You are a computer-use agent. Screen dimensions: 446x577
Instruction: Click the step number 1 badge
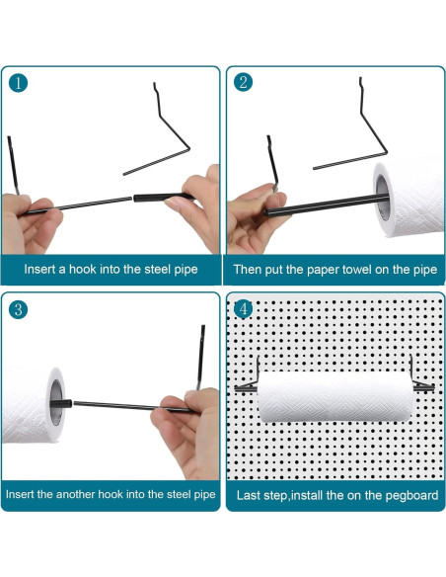click(x=18, y=84)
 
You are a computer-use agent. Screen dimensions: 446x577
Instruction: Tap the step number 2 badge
click(x=243, y=82)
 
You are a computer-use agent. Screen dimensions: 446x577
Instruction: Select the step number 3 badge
click(x=18, y=309)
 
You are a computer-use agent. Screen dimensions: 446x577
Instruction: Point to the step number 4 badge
click(x=243, y=309)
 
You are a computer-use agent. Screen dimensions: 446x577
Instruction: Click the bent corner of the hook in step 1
click(x=188, y=148)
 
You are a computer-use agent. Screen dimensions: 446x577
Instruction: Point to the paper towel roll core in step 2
click(x=382, y=198)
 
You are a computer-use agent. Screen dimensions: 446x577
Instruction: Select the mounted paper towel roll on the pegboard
click(x=334, y=397)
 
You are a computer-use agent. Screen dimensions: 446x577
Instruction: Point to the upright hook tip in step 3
click(x=203, y=327)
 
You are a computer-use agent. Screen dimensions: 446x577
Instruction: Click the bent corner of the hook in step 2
click(x=386, y=151)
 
